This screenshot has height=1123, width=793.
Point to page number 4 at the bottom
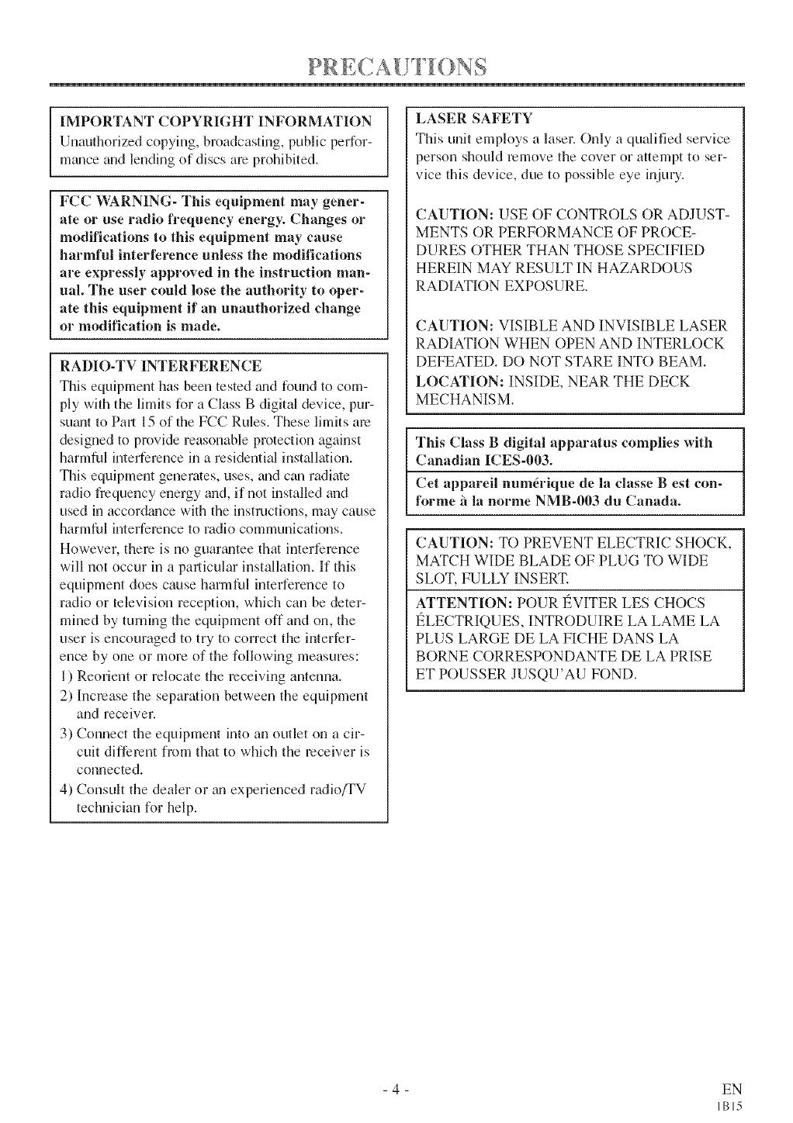pos(396,1089)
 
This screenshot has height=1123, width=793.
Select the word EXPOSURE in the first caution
pos(546,286)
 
